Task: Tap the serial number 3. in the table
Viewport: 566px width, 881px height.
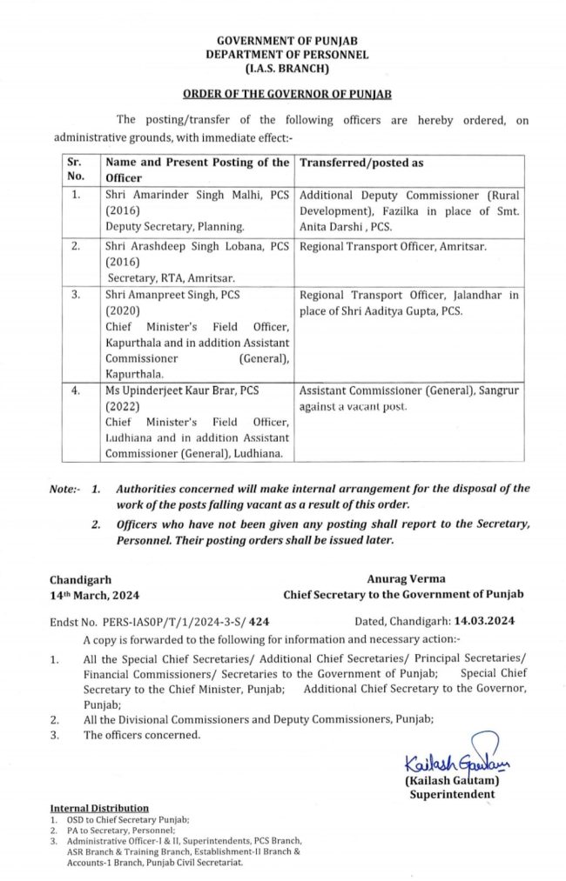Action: [x=77, y=296]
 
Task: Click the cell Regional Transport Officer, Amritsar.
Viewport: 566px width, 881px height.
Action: [x=393, y=247]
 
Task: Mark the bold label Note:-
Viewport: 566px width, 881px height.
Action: [x=67, y=489]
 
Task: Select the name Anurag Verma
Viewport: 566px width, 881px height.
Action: [x=400, y=579]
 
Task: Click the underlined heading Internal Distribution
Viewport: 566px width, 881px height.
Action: [x=99, y=808]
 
